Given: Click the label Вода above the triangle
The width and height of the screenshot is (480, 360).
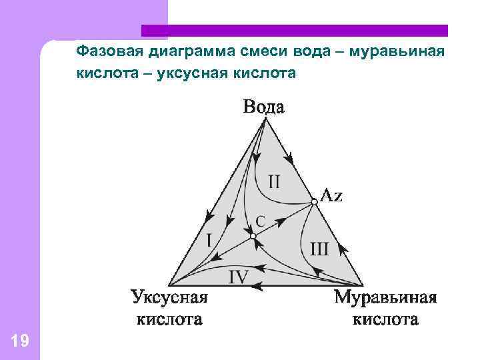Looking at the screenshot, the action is pos(263,107).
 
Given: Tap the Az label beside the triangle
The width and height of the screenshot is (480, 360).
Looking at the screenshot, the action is pos(332,195).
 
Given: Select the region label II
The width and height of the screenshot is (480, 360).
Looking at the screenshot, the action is pos(275,181).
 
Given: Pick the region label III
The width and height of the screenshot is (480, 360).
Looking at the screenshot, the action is pos(319,249).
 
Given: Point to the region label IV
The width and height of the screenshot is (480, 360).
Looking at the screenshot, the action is pos(239,277).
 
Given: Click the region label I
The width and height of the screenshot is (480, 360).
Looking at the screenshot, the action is pos(209,239).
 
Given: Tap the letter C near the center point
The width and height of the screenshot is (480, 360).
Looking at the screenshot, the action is pos(260,219).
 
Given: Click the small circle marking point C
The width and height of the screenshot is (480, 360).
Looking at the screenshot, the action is pos(253,236).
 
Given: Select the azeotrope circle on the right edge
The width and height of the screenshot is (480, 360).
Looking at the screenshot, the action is pos(314,201).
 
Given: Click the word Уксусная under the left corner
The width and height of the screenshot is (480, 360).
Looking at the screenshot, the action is pos(169,297).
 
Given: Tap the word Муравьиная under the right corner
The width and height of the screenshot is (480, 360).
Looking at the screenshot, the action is pos(385,297).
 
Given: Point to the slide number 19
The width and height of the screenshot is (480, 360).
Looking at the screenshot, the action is pos(20,342).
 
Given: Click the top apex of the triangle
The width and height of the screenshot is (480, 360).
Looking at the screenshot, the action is pos(265,120).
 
